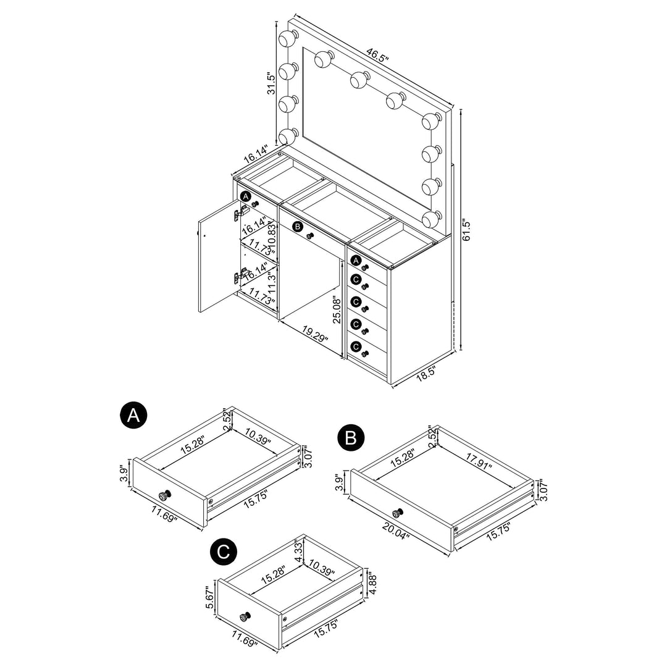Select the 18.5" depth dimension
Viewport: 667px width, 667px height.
pos(426,372)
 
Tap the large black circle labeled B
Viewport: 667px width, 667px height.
pos(351,438)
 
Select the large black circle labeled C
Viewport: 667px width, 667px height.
pos(224,552)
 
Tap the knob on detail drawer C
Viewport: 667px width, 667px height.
pos(245,616)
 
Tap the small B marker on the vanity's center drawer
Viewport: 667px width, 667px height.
pos(298,227)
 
